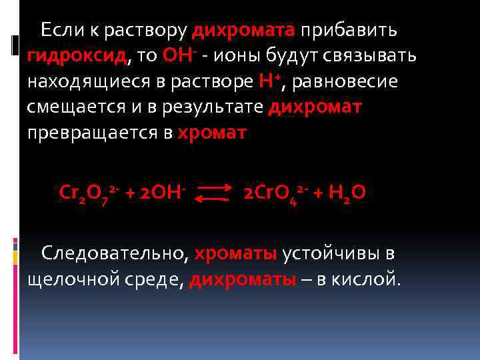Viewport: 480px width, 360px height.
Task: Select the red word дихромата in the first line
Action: [x=243, y=31]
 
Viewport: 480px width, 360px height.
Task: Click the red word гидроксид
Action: [x=77, y=56]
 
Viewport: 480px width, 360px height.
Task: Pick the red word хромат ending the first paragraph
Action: [x=212, y=132]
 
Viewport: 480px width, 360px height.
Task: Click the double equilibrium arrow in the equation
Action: [x=215, y=193]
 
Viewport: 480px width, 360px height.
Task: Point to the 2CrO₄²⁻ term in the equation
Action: [x=274, y=193]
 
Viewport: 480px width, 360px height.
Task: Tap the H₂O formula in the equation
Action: [x=347, y=193]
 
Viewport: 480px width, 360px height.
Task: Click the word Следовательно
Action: [x=117, y=253]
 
